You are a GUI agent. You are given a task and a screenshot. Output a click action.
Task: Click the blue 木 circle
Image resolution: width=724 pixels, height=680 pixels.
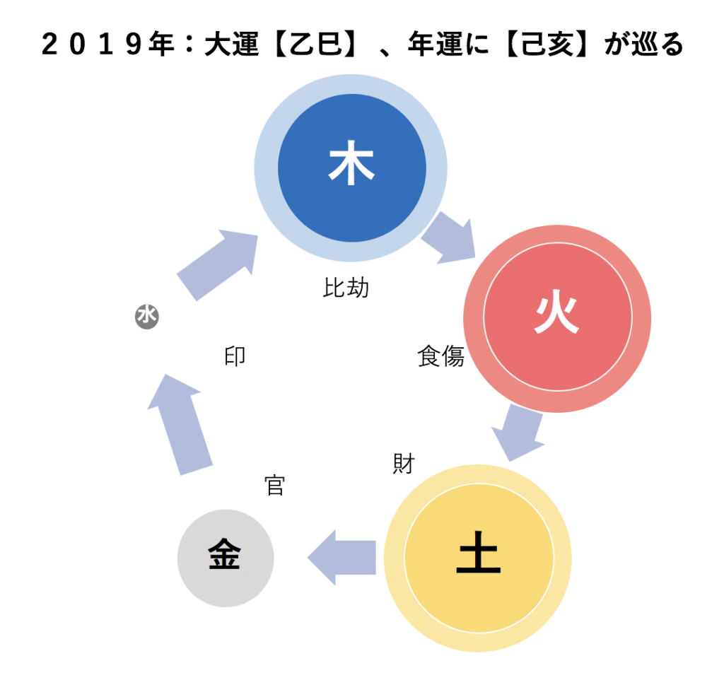351,168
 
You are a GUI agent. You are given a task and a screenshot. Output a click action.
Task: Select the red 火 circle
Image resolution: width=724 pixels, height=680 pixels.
557,319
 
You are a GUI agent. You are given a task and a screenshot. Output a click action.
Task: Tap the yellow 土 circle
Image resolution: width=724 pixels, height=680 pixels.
479,558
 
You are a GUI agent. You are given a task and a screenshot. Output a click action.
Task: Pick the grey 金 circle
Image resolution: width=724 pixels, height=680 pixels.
226,558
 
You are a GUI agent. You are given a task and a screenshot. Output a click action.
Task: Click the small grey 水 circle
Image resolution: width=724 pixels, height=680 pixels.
147,317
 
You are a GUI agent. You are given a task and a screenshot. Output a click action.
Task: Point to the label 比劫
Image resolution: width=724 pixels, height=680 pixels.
346,288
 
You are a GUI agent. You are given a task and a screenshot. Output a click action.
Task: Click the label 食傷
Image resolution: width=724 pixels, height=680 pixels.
441,356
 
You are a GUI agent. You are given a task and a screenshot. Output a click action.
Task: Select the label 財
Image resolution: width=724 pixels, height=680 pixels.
404,464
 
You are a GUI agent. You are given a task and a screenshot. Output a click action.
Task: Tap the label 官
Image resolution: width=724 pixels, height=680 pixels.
275,485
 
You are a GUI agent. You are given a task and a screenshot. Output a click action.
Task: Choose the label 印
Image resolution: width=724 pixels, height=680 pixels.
235,356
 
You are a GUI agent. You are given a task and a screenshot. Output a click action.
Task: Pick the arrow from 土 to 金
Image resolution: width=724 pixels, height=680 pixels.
341,558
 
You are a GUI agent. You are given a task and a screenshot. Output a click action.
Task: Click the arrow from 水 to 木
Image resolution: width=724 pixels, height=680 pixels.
218,264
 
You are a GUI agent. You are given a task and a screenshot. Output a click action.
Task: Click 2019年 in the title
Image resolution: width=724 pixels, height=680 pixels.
107,45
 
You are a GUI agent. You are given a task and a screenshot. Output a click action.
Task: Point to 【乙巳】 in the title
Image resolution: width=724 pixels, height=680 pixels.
316,45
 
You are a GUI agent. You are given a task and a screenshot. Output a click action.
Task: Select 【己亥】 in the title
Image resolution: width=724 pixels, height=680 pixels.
547,45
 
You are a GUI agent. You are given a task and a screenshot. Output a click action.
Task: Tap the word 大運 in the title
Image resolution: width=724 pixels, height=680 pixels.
231,45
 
